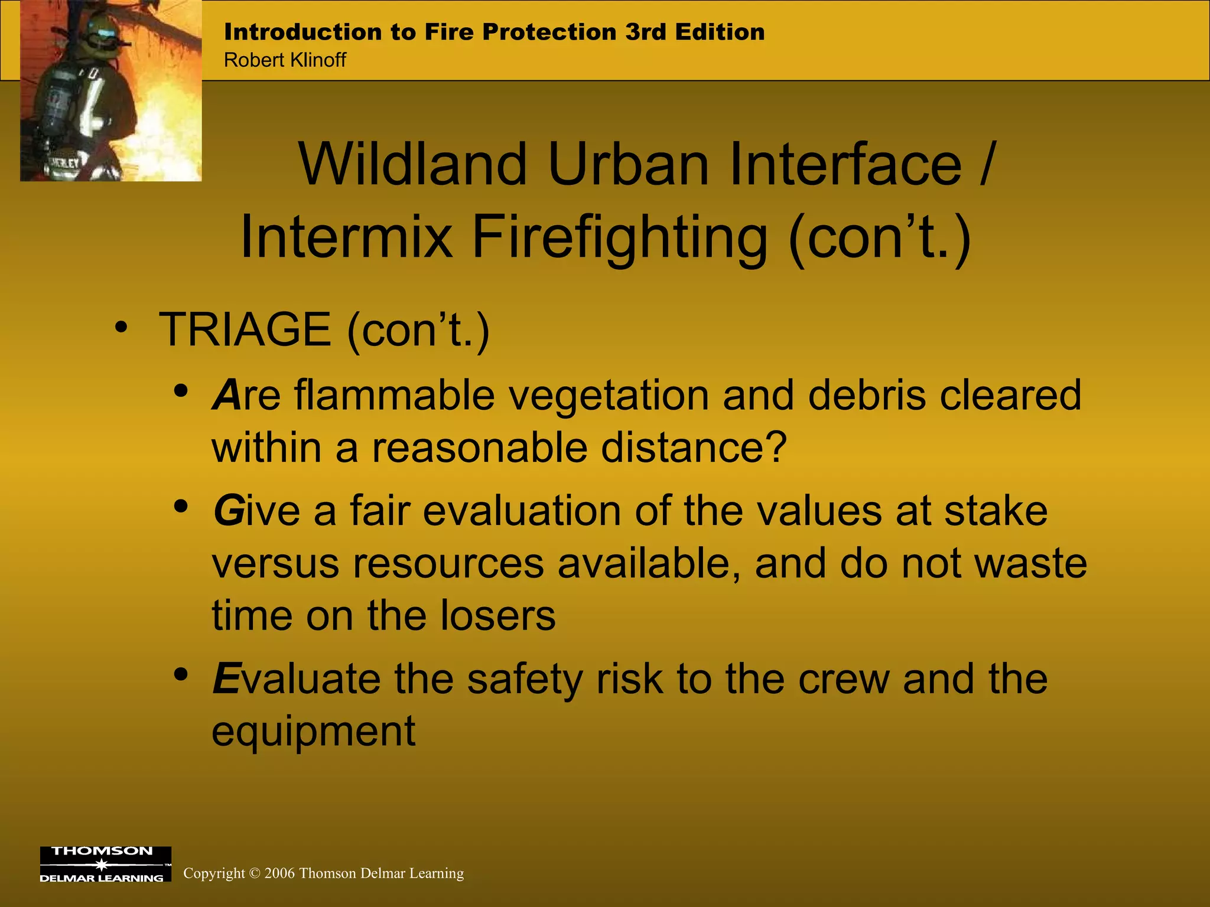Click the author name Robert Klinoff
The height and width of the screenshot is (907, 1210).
pos(285,60)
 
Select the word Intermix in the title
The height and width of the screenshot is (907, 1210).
pos(346,237)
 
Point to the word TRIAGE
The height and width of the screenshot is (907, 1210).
pos(245,329)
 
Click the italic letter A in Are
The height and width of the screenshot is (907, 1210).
pos(227,395)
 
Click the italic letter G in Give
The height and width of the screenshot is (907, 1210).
pos(229,511)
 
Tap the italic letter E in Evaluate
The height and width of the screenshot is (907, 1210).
pos(226,679)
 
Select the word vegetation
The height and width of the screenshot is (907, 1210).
pos(609,395)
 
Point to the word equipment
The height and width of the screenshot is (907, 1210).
pos(314,732)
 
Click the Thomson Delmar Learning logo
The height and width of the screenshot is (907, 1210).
pos(105,864)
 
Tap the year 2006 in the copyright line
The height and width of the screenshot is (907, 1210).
pos(279,873)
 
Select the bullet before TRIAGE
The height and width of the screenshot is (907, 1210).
pos(121,328)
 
